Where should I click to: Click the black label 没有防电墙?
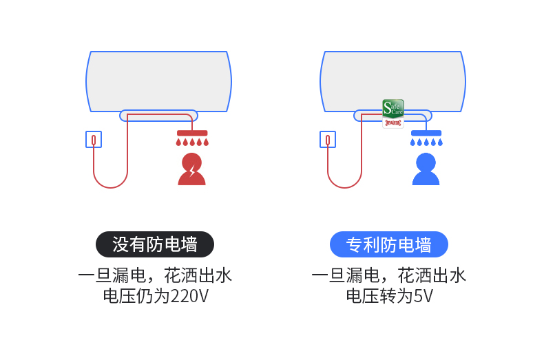[x=154, y=244]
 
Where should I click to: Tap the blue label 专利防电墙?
[x=388, y=244]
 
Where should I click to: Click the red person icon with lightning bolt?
[x=191, y=169]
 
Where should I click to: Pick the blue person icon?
[x=426, y=169]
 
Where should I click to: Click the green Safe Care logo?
[x=393, y=108]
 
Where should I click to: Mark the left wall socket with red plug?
[x=93, y=140]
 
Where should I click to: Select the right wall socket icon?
[x=327, y=140]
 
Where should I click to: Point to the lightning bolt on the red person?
[x=193, y=170]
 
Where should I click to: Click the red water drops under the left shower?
[x=192, y=142]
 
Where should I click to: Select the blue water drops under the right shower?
[x=426, y=142]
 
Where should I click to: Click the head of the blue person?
[x=426, y=162]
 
